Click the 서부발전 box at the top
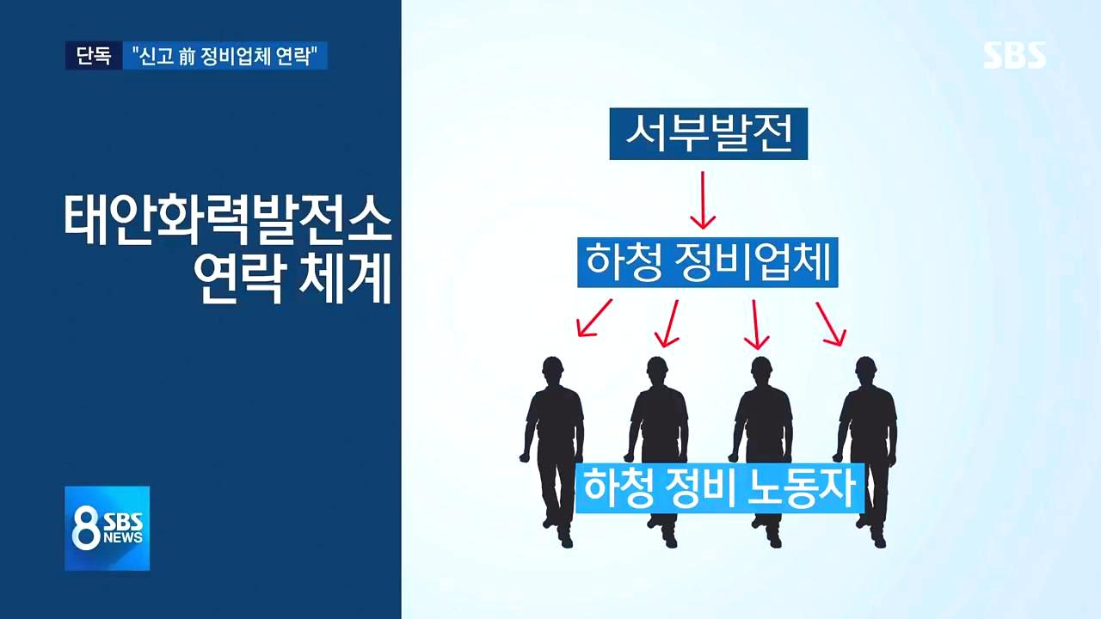(x=708, y=134)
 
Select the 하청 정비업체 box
(x=707, y=262)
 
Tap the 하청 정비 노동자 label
(x=719, y=488)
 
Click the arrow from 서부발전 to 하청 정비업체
(x=703, y=199)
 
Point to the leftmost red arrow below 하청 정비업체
(x=594, y=317)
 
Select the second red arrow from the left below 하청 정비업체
(x=667, y=323)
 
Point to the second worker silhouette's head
(x=657, y=371)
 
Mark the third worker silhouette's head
(x=761, y=371)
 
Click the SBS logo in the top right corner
(x=1015, y=55)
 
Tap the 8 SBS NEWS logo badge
(x=108, y=528)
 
